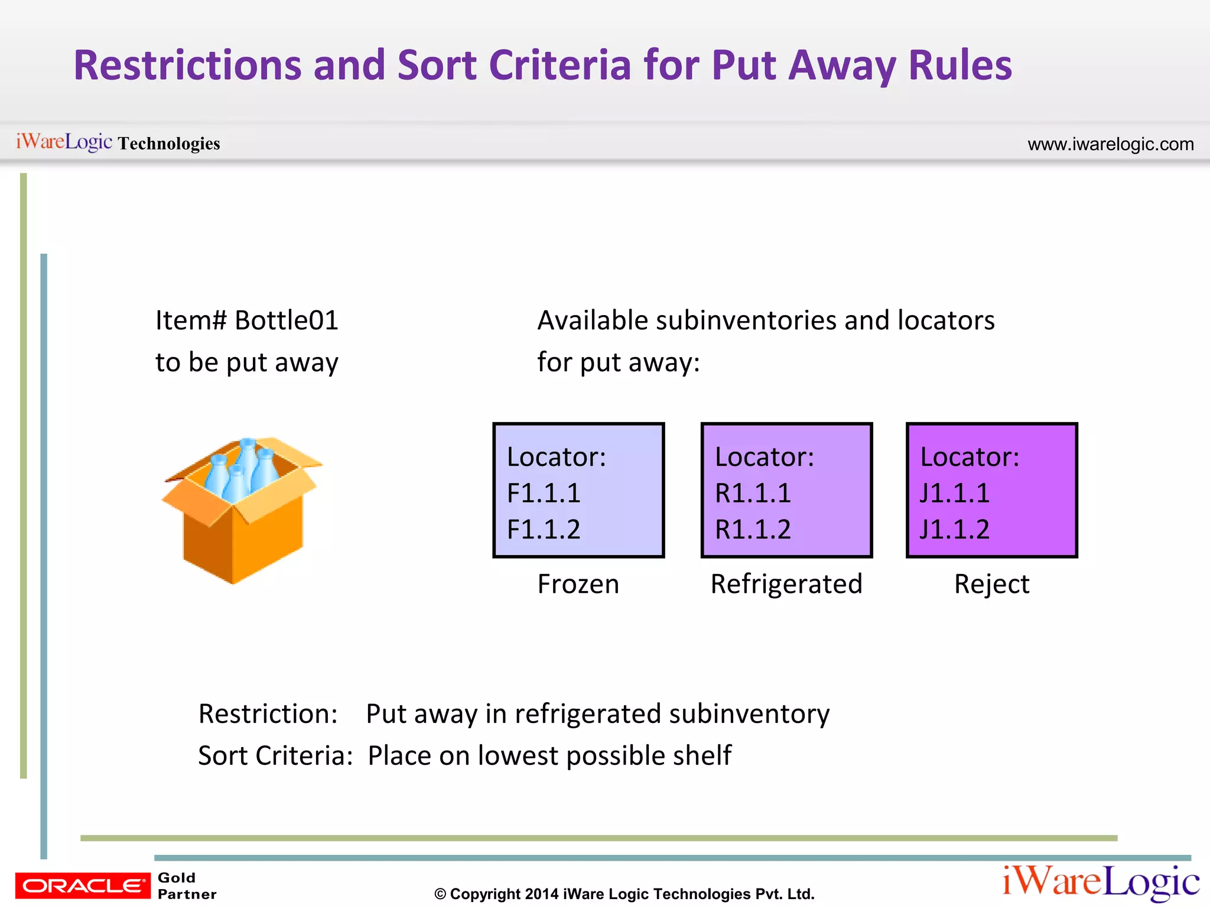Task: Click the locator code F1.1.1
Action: point(544,493)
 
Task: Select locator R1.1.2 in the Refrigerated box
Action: point(752,530)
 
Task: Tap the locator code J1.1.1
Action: point(955,493)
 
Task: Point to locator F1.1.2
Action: point(544,530)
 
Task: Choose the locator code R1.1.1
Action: point(752,493)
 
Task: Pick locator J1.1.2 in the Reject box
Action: point(955,530)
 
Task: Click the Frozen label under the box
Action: point(578,584)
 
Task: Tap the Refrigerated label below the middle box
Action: point(786,584)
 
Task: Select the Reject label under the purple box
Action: point(991,584)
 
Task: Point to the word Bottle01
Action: point(287,320)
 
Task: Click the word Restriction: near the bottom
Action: point(268,714)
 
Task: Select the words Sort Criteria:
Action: point(275,755)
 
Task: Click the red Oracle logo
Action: point(83,886)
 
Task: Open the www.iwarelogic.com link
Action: point(1111,144)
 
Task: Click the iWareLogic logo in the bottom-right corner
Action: point(1101,882)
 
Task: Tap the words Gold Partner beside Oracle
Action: point(187,886)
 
